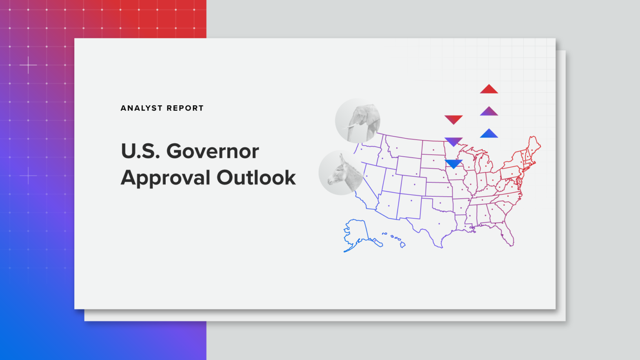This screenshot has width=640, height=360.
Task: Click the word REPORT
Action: point(185,108)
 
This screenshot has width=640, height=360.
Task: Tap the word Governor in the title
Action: point(212,151)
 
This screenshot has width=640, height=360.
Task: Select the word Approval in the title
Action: point(165,178)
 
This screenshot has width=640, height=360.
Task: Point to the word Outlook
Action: point(256,178)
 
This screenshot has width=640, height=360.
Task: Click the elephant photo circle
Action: point(358,120)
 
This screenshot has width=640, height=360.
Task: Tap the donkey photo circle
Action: point(341,173)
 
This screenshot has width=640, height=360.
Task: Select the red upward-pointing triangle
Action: point(489,89)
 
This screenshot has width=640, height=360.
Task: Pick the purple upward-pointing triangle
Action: point(489,111)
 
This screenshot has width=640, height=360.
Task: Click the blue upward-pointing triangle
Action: point(489,134)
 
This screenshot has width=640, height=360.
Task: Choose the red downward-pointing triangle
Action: point(453,119)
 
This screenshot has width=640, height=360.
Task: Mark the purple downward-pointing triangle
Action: point(453,141)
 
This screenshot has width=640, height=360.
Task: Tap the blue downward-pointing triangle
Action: point(453,164)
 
